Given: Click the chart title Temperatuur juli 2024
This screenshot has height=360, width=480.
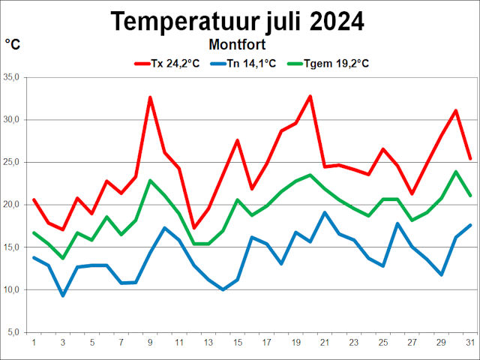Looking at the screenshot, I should click(238, 21).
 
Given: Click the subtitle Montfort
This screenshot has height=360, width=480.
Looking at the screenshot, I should click(238, 45).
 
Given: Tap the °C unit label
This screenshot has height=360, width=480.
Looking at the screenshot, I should click(13, 45).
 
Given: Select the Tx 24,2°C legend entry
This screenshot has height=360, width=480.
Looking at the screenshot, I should click(166, 64).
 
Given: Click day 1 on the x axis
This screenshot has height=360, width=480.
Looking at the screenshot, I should click(34, 343).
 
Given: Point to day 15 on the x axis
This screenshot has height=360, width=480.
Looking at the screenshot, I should click(237, 343).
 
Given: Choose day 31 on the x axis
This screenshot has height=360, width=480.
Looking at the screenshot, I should click(469, 343).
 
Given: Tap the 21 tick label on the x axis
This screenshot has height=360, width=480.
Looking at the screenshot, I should click(324, 343).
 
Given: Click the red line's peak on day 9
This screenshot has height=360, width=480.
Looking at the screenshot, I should click(150, 97).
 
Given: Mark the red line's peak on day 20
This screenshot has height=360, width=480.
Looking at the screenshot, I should click(310, 96).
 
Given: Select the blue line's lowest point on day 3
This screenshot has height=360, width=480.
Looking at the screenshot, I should click(63, 295).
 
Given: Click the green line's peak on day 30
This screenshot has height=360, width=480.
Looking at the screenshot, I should click(455, 172).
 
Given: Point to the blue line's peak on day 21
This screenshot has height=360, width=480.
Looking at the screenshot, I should click(324, 212).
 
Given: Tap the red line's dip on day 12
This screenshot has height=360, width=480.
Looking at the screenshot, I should click(193, 227).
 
